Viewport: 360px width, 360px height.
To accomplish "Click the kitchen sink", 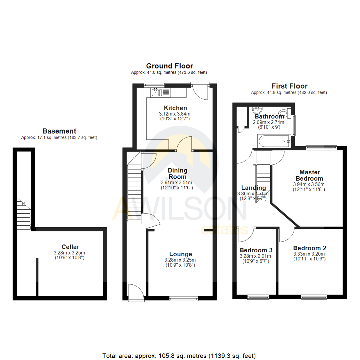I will pyautogui.click(x=156, y=92).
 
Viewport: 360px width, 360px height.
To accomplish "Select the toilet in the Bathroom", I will pyautogui.click(x=284, y=112).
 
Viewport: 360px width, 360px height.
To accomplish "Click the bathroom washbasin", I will pyautogui.click(x=257, y=111).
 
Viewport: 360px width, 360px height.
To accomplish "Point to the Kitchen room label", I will pyautogui.click(x=175, y=108).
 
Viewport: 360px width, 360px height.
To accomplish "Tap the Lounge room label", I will pyautogui.click(x=180, y=254).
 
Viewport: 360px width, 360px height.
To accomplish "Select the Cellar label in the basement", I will pyautogui.click(x=70, y=247).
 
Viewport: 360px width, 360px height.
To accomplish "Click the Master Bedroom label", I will pyautogui.click(x=310, y=175).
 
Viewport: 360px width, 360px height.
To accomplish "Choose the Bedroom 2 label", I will pyautogui.click(x=310, y=248).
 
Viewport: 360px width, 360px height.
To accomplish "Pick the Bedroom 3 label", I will pyautogui.click(x=256, y=250).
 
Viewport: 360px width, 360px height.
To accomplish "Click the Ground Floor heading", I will pyautogui.click(x=169, y=66).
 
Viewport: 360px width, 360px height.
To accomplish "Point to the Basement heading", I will pyautogui.click(x=59, y=131).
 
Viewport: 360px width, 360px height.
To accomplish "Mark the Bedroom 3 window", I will pyautogui.click(x=258, y=297).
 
